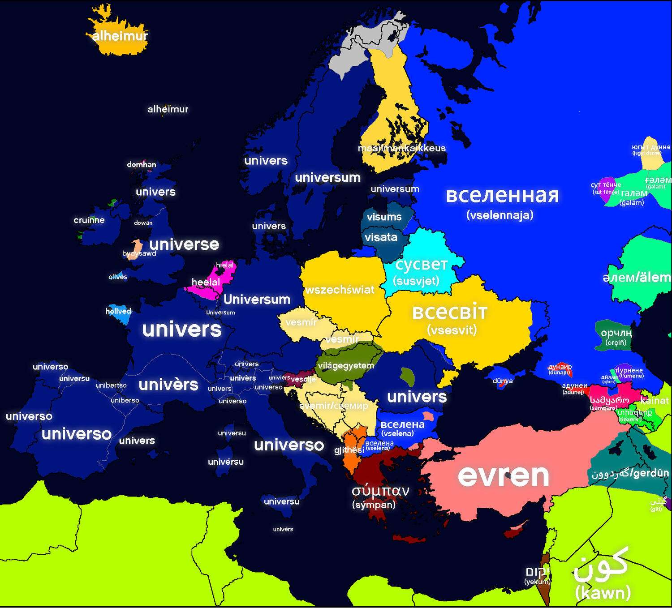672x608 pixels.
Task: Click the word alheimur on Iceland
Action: click(x=120, y=36)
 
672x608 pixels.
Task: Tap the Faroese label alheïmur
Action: click(x=168, y=109)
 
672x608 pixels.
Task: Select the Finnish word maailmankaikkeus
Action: click(x=402, y=148)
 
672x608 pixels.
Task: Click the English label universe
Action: click(x=184, y=244)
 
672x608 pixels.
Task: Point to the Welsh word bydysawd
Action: click(x=139, y=253)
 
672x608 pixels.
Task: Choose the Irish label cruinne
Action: click(x=89, y=220)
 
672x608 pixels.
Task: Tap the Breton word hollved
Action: click(x=118, y=311)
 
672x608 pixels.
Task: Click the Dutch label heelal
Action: click(x=206, y=282)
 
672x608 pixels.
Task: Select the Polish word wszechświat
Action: click(x=340, y=290)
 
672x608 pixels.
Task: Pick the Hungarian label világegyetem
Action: click(x=346, y=366)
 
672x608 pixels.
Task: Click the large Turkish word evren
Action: click(x=504, y=475)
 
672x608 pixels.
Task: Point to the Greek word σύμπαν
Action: click(x=380, y=491)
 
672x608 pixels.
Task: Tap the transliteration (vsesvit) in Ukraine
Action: click(x=452, y=330)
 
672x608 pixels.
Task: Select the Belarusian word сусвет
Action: click(x=422, y=265)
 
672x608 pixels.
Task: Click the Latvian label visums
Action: click(x=384, y=217)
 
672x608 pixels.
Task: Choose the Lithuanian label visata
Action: click(x=381, y=237)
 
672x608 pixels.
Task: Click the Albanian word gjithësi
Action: click(x=349, y=450)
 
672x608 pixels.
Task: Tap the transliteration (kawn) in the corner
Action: click(x=603, y=593)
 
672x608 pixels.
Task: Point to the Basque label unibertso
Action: click(x=112, y=385)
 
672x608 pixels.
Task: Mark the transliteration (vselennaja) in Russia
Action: click(x=500, y=215)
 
